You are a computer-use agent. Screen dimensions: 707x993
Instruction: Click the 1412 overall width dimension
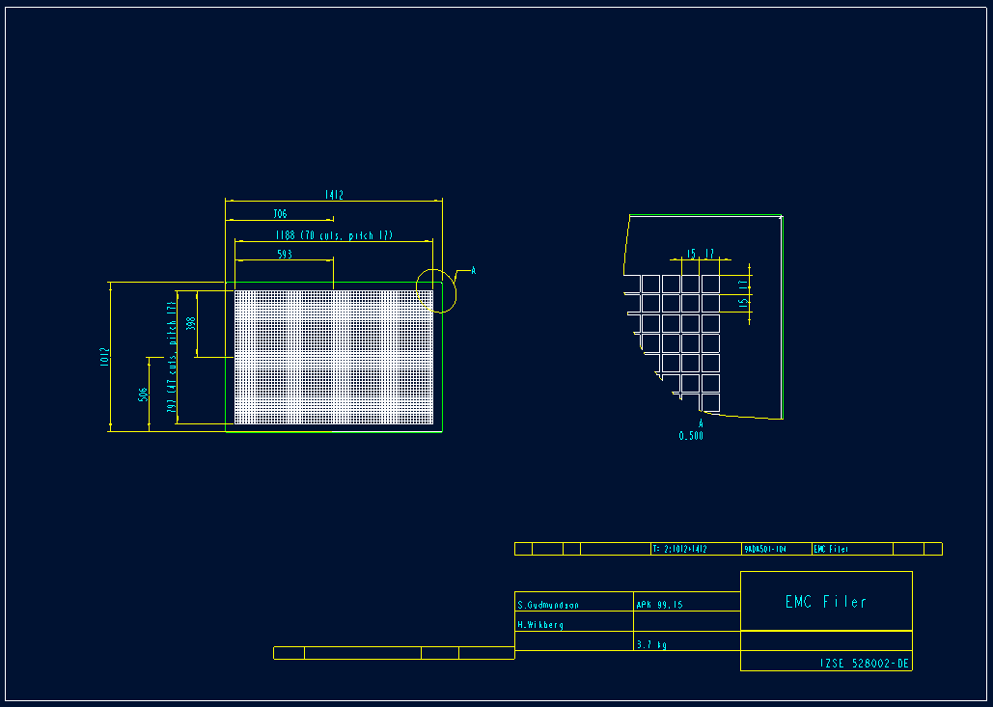(x=334, y=195)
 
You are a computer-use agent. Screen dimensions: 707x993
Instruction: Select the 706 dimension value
(x=280, y=214)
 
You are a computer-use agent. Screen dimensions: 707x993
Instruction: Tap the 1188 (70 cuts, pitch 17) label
(x=333, y=235)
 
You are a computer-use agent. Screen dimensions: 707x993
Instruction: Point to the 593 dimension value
(x=284, y=255)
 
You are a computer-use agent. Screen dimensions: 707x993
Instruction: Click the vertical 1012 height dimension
(x=104, y=357)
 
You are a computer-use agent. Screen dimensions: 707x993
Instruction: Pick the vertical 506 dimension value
(x=143, y=394)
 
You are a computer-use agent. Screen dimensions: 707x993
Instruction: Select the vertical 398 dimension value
(x=190, y=324)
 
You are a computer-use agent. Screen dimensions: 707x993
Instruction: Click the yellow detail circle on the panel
(x=436, y=290)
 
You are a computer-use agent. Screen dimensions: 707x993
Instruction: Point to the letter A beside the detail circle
(x=473, y=270)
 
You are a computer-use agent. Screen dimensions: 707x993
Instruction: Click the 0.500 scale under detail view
(x=691, y=436)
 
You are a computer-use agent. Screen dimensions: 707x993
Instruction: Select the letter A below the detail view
(x=701, y=423)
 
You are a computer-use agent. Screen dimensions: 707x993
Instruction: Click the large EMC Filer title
(x=826, y=602)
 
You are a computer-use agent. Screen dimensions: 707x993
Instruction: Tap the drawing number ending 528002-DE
(x=865, y=664)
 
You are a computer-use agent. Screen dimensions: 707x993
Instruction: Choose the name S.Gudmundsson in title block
(x=548, y=605)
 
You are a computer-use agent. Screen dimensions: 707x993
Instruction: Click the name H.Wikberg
(x=540, y=624)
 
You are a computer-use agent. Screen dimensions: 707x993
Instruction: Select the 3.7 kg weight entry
(x=651, y=643)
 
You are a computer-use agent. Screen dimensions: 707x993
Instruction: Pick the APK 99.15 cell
(x=659, y=605)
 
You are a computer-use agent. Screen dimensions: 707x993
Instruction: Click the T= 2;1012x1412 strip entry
(x=679, y=549)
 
